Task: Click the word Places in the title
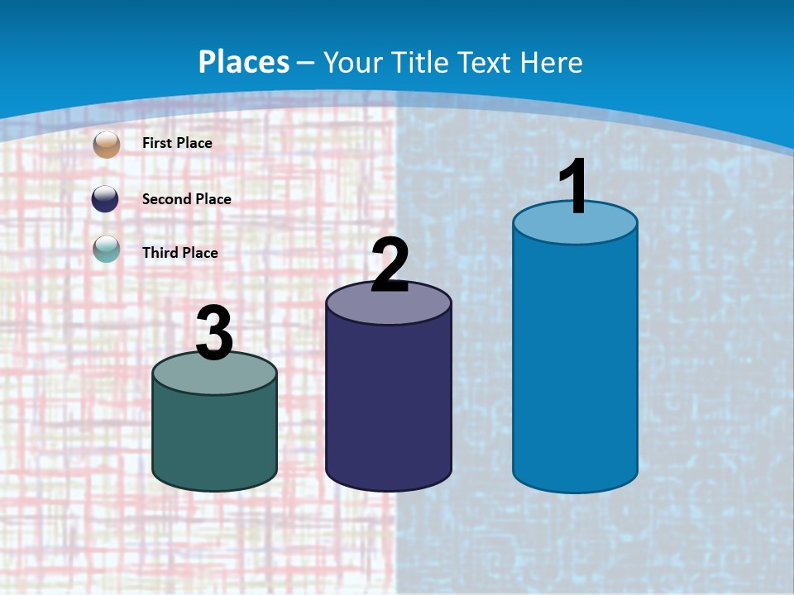pyautogui.click(x=244, y=62)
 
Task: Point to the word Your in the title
pyautogui.click(x=352, y=63)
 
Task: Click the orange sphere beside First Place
pyautogui.click(x=107, y=144)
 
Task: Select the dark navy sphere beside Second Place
pyautogui.click(x=107, y=199)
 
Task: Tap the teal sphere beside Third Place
pyautogui.click(x=107, y=248)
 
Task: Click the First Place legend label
pyautogui.click(x=177, y=143)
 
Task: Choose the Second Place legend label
pyautogui.click(x=186, y=199)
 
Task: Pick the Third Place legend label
pyautogui.click(x=179, y=253)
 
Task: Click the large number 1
pyautogui.click(x=574, y=187)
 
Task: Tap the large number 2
pyautogui.click(x=390, y=265)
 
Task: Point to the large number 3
pyautogui.click(x=214, y=333)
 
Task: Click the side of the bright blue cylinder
pyautogui.click(x=575, y=364)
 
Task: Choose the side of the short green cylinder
pyautogui.click(x=214, y=438)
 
